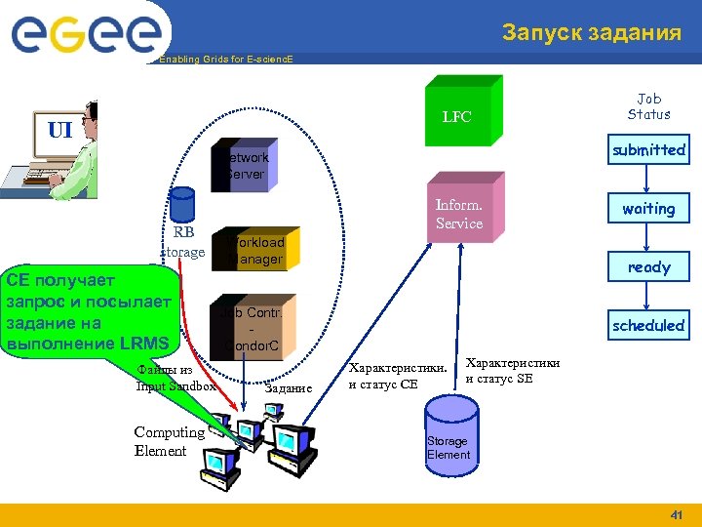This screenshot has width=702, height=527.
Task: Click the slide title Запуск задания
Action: [x=591, y=33]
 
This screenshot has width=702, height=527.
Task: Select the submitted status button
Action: [x=648, y=149]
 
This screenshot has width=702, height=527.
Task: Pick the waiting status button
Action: [x=648, y=208]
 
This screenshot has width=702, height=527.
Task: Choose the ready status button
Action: [x=648, y=266]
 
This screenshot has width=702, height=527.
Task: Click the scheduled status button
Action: [x=648, y=325]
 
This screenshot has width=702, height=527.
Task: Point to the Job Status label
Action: [x=648, y=106]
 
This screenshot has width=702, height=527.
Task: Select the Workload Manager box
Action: [x=252, y=249]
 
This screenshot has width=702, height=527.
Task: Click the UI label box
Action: [x=59, y=129]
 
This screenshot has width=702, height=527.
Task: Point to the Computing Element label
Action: [x=169, y=441]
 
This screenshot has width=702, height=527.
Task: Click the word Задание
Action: [x=289, y=387]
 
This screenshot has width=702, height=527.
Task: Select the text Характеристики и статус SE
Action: [x=513, y=370]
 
